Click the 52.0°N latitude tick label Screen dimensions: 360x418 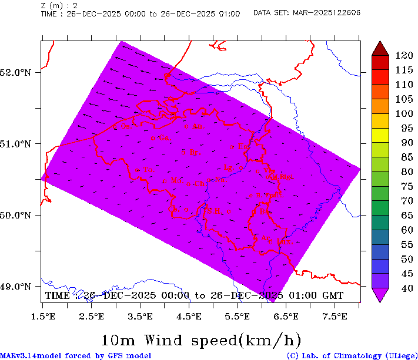pos(16,72)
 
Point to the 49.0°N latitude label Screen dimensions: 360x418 pos(16,287)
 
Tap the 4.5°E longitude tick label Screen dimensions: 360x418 pos(189,317)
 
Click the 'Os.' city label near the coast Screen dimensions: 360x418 pos(125,126)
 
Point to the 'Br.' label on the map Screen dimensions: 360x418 pos(190,152)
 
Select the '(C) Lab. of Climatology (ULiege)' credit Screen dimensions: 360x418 pos(350,355)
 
